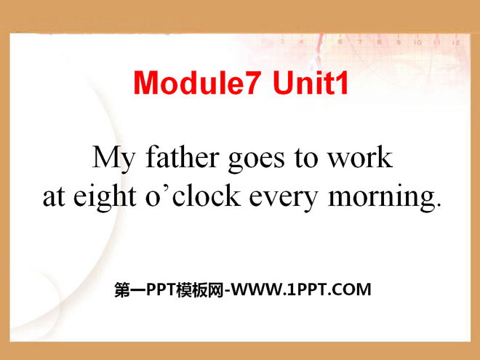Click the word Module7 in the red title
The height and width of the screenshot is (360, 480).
[x=198, y=83]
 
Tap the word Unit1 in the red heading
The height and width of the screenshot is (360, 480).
[x=311, y=83]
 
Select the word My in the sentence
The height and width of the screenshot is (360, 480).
[x=113, y=159]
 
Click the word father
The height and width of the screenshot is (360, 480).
[x=183, y=157]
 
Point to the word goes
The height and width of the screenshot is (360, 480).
[x=256, y=160]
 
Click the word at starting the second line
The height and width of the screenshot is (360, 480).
[x=54, y=197]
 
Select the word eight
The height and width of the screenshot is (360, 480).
[x=105, y=198]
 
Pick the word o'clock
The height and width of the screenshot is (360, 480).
[x=193, y=196]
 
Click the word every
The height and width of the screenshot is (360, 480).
[x=283, y=199]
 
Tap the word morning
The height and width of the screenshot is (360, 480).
[x=381, y=198]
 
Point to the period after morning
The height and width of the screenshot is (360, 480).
[x=439, y=205]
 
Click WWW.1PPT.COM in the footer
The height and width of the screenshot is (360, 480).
[x=300, y=289]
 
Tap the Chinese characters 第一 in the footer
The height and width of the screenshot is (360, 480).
[x=130, y=289]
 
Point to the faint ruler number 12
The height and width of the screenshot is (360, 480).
[x=456, y=43]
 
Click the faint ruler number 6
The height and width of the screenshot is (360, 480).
[x=340, y=42]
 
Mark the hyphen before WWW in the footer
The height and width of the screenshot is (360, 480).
[x=227, y=291]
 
